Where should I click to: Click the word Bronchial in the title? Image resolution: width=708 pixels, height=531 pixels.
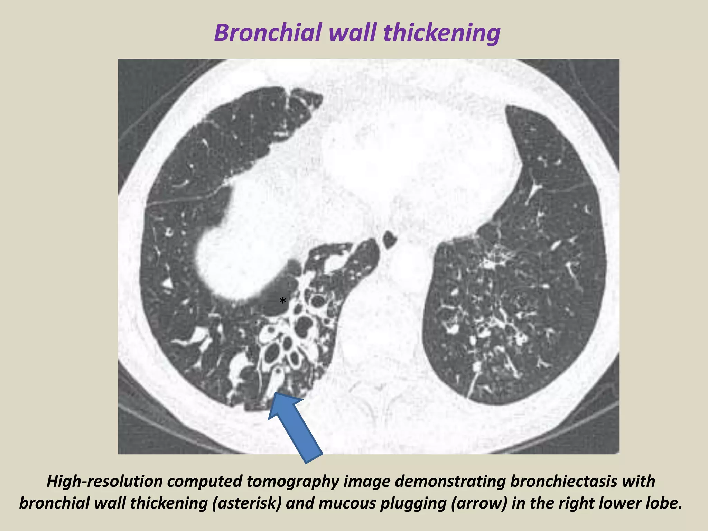tap(268, 33)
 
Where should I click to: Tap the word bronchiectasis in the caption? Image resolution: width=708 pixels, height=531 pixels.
tap(560, 482)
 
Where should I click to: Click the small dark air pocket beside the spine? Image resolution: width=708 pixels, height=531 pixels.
tap(390, 239)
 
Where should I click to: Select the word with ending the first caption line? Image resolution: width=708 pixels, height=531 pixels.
tap(640, 482)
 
